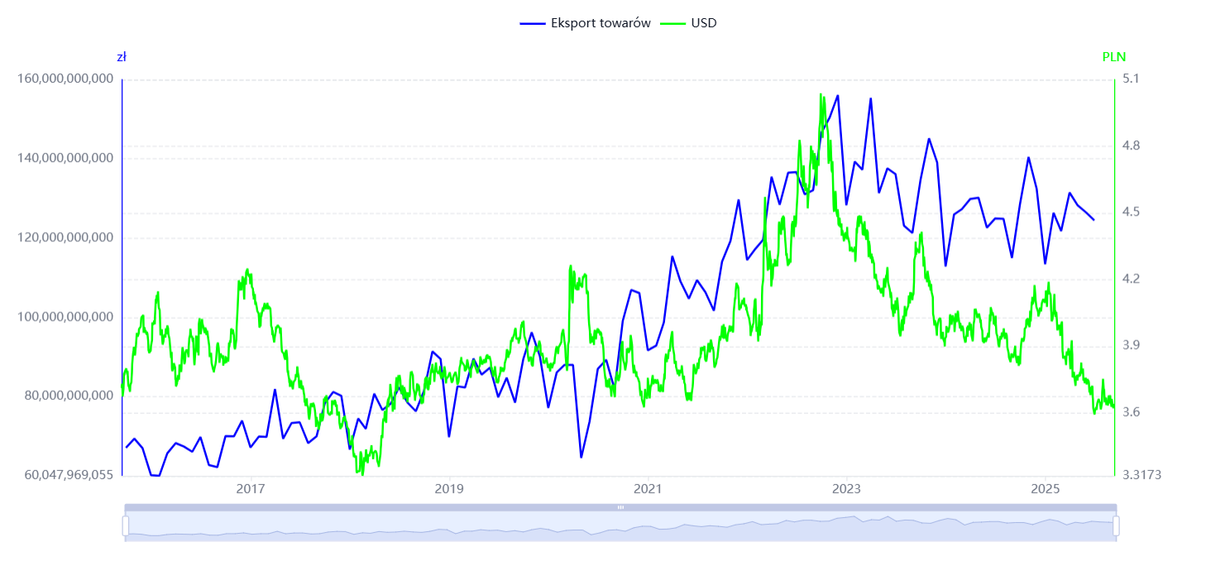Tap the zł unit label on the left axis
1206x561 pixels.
pyautogui.click(x=122, y=57)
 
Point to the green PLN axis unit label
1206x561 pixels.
pyautogui.click(x=1113, y=57)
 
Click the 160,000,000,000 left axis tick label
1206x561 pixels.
pyautogui.click(x=65, y=79)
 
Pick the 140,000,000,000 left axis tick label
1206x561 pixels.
pyautogui.click(x=65, y=159)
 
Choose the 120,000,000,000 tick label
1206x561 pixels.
pyautogui.click(x=65, y=238)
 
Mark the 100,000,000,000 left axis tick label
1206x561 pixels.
pyautogui.click(x=65, y=317)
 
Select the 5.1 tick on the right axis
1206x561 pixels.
pyautogui.click(x=1131, y=79)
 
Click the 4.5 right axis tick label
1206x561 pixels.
pyautogui.click(x=1131, y=212)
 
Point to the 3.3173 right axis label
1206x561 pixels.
pyautogui.click(x=1141, y=475)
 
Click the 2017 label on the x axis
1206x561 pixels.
pyautogui.click(x=251, y=489)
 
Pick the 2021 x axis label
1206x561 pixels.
pyautogui.click(x=648, y=489)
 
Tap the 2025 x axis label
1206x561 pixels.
pyautogui.click(x=1046, y=489)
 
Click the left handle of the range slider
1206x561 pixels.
pyautogui.click(x=126, y=525)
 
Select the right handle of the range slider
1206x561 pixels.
pyautogui.click(x=1116, y=525)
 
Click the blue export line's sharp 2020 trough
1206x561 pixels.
pyautogui.click(x=581, y=457)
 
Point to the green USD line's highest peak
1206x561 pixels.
pyautogui.click(x=821, y=94)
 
